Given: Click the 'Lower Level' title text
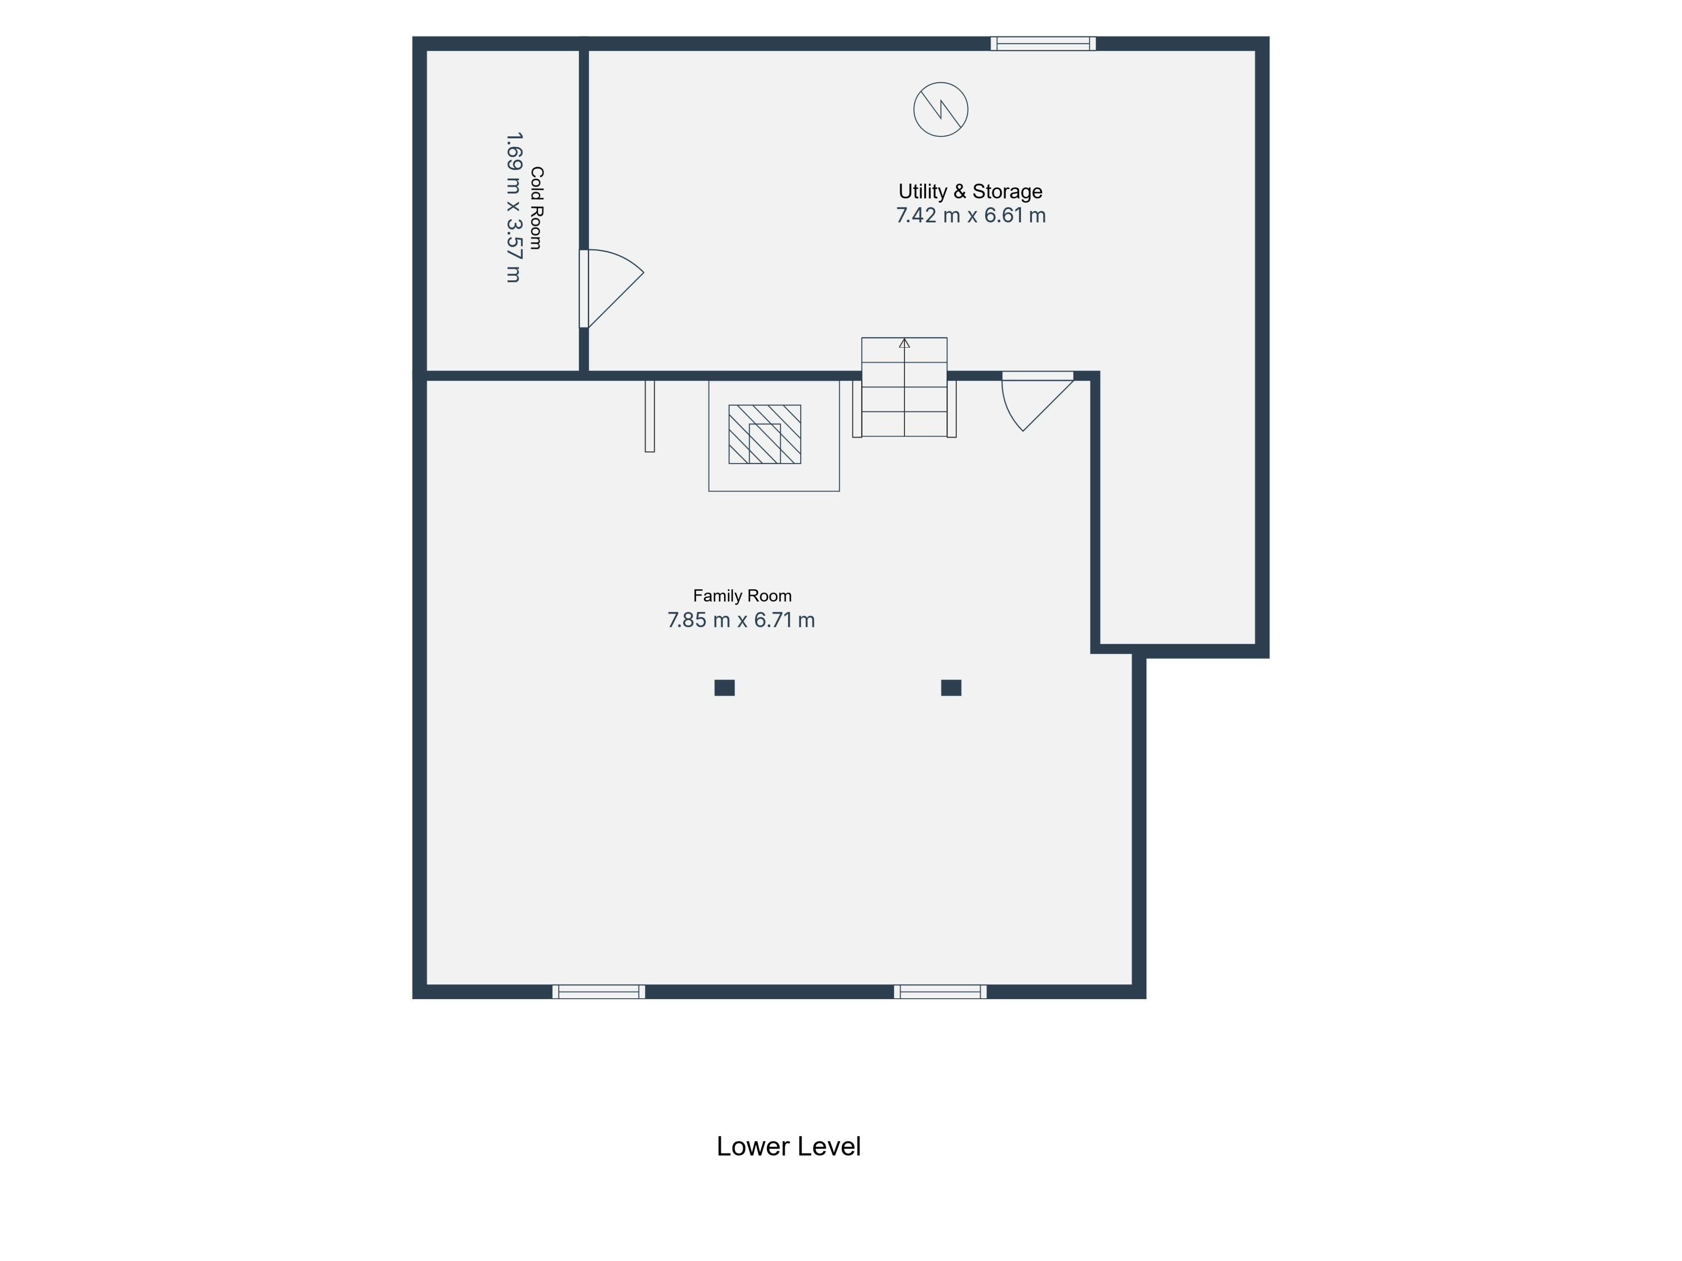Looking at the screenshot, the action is pos(788,1146).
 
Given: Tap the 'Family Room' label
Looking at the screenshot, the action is pos(742,596).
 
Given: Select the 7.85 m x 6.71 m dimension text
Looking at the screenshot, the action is pos(742,620).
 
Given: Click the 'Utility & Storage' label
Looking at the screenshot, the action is pos(970,191).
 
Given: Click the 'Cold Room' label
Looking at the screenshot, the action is pos(537,208).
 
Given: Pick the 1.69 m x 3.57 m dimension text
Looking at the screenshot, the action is pos(514,208).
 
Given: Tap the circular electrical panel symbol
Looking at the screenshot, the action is pos(940,109).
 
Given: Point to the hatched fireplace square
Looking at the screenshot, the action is pos(765,434).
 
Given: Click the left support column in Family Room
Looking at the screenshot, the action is pos(724,688).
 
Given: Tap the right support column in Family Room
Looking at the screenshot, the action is pos(951,688).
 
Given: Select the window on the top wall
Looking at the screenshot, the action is pos(1043,43).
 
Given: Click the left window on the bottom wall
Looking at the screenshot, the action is pos(598,991).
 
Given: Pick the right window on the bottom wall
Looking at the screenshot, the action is pos(940,991).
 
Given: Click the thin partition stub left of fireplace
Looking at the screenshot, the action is pos(650,416).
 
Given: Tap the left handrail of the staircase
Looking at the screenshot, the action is pos(857,409).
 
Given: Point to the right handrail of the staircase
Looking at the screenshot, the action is pos(951,409).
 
